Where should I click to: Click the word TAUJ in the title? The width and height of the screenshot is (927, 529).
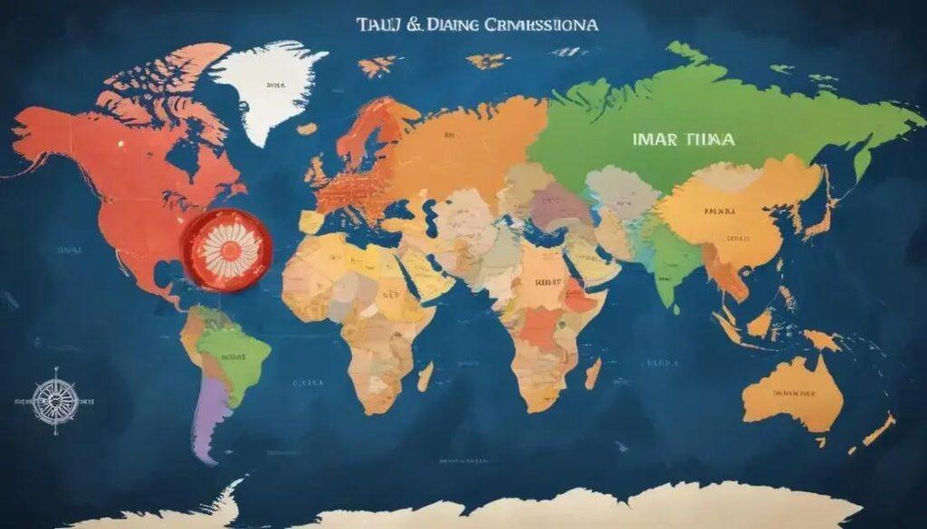coord(376,26)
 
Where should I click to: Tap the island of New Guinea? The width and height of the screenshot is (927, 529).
coord(819,340)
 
